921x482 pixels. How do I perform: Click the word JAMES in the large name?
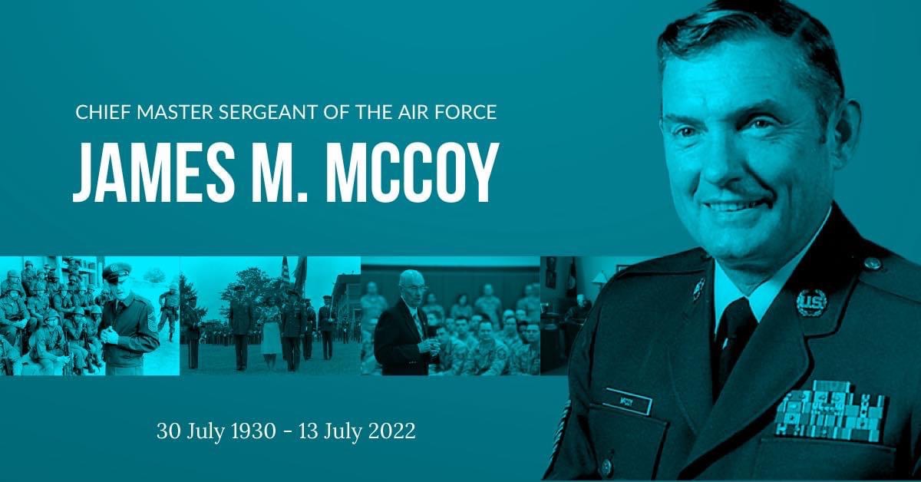point(154,172)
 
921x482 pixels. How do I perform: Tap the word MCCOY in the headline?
point(411,172)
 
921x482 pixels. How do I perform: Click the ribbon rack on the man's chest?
point(827,411)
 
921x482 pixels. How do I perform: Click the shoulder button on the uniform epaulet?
point(872,264)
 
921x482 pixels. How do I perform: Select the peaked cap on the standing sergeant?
point(117,272)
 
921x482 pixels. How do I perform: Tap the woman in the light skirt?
point(269,334)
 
